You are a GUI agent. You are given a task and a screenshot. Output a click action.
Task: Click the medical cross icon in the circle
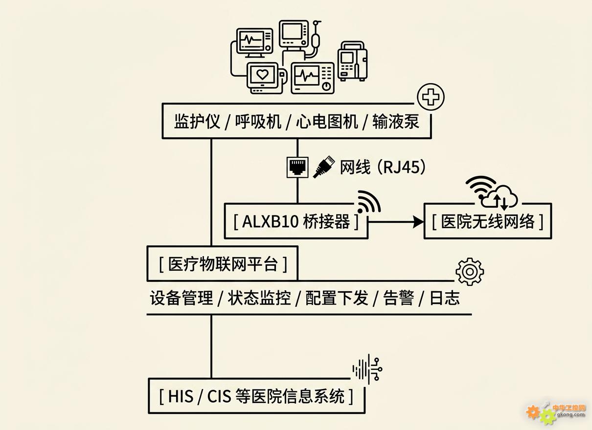tap(431, 97)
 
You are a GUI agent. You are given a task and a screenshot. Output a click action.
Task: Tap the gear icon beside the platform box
tap(470, 272)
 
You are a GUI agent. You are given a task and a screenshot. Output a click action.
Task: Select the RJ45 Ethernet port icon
tap(297, 167)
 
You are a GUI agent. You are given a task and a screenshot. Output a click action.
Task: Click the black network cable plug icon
tap(324, 167)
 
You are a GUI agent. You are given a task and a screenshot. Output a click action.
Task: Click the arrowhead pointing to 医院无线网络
tap(418, 221)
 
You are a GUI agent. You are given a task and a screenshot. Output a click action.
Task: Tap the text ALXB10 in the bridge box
tap(270, 221)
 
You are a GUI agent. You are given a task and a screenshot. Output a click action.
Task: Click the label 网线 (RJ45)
tap(383, 167)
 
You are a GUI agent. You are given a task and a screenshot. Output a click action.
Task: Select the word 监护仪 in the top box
tap(197, 122)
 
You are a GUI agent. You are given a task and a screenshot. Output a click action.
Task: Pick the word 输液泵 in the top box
tap(396, 122)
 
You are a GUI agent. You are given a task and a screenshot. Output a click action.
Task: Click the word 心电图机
tap(327, 122)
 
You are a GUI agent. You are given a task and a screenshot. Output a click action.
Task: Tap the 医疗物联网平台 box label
tap(223, 264)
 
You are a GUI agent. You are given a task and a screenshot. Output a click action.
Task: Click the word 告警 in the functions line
tap(399, 298)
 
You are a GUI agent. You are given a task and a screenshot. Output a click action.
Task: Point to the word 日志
tap(445, 298)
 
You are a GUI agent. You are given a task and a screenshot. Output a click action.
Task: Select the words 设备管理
tap(182, 298)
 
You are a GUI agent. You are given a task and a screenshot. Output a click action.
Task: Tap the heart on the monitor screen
tap(263, 75)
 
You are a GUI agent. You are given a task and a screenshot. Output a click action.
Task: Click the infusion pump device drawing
tap(353, 61)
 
